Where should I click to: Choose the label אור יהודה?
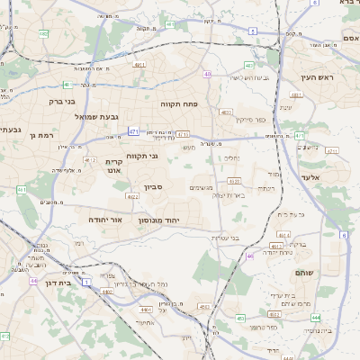tap(104, 219)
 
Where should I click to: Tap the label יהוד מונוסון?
tap(160, 220)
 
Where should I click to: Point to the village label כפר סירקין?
tap(251, 120)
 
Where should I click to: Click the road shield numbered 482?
tap(43, 33)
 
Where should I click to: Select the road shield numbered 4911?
tap(139, 65)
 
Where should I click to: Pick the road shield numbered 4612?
tap(92, 160)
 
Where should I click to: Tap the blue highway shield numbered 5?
tap(253, 31)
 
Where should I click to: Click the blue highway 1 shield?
tap(87, 282)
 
